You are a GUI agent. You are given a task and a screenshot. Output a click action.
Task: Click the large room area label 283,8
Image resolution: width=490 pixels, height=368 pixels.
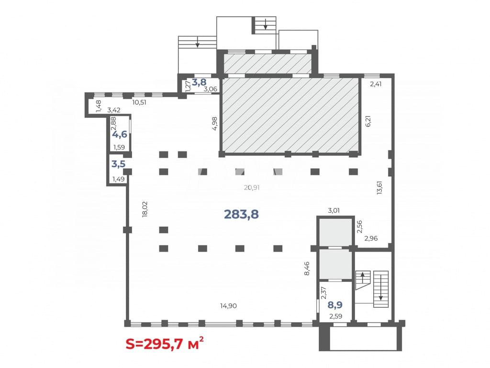[241, 214]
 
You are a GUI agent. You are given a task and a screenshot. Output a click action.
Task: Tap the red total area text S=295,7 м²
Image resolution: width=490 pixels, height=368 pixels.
[165, 344]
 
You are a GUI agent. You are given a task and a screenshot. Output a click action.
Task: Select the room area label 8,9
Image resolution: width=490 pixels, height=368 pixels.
[335, 304]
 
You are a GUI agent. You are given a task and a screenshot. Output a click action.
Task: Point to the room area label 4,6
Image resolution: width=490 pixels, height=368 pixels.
[120, 135]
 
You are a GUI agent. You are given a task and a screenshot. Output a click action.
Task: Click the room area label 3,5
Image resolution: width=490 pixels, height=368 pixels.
[119, 164]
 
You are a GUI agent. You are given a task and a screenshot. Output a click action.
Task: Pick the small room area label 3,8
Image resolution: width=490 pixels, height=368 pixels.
[199, 82]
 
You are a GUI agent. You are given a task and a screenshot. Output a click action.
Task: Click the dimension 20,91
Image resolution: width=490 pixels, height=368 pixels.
[252, 187]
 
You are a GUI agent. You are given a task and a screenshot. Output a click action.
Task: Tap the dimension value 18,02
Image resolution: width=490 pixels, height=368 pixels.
[145, 209]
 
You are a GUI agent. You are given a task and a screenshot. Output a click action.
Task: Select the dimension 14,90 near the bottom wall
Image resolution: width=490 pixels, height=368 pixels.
[228, 306]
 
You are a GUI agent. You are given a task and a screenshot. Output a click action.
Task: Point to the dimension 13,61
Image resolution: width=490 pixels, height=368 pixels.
[379, 188]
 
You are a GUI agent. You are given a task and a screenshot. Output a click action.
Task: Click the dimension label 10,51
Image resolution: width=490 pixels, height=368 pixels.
[139, 103]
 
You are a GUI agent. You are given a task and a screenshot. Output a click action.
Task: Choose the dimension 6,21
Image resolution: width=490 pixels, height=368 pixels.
[368, 121]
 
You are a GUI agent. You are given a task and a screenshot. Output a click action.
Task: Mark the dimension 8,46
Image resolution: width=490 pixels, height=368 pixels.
[307, 268]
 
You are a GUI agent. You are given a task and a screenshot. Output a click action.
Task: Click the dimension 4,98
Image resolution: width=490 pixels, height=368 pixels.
[214, 124]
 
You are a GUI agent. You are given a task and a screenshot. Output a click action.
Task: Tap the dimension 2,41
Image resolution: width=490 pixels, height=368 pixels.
[376, 84]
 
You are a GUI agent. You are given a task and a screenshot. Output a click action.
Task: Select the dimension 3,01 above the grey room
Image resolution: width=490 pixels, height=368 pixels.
[334, 211]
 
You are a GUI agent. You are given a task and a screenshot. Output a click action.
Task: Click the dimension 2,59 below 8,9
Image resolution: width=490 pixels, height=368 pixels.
[335, 316]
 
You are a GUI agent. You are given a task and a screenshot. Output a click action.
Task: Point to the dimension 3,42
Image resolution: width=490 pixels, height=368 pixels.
[114, 110]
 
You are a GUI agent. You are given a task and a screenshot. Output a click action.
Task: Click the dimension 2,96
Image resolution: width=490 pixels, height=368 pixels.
[371, 239]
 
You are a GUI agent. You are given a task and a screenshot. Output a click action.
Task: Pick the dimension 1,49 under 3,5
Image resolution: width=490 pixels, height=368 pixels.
[119, 179]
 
